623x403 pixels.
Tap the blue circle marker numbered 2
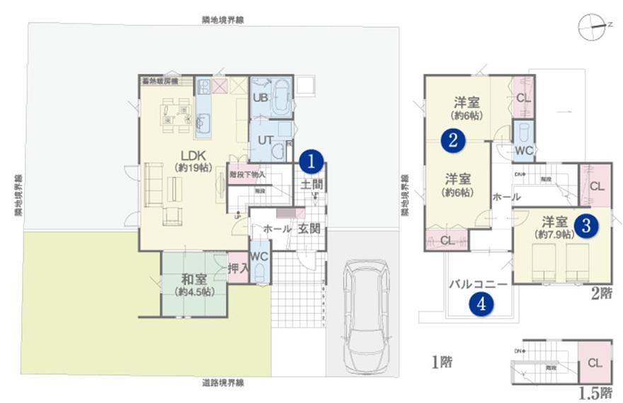453,140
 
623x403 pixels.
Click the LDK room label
192,155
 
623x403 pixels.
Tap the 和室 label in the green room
193,279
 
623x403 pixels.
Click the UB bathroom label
260,98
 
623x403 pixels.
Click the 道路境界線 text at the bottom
222,383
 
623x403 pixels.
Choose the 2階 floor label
601,293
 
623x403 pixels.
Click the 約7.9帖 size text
557,234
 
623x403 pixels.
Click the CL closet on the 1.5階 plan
594,362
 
